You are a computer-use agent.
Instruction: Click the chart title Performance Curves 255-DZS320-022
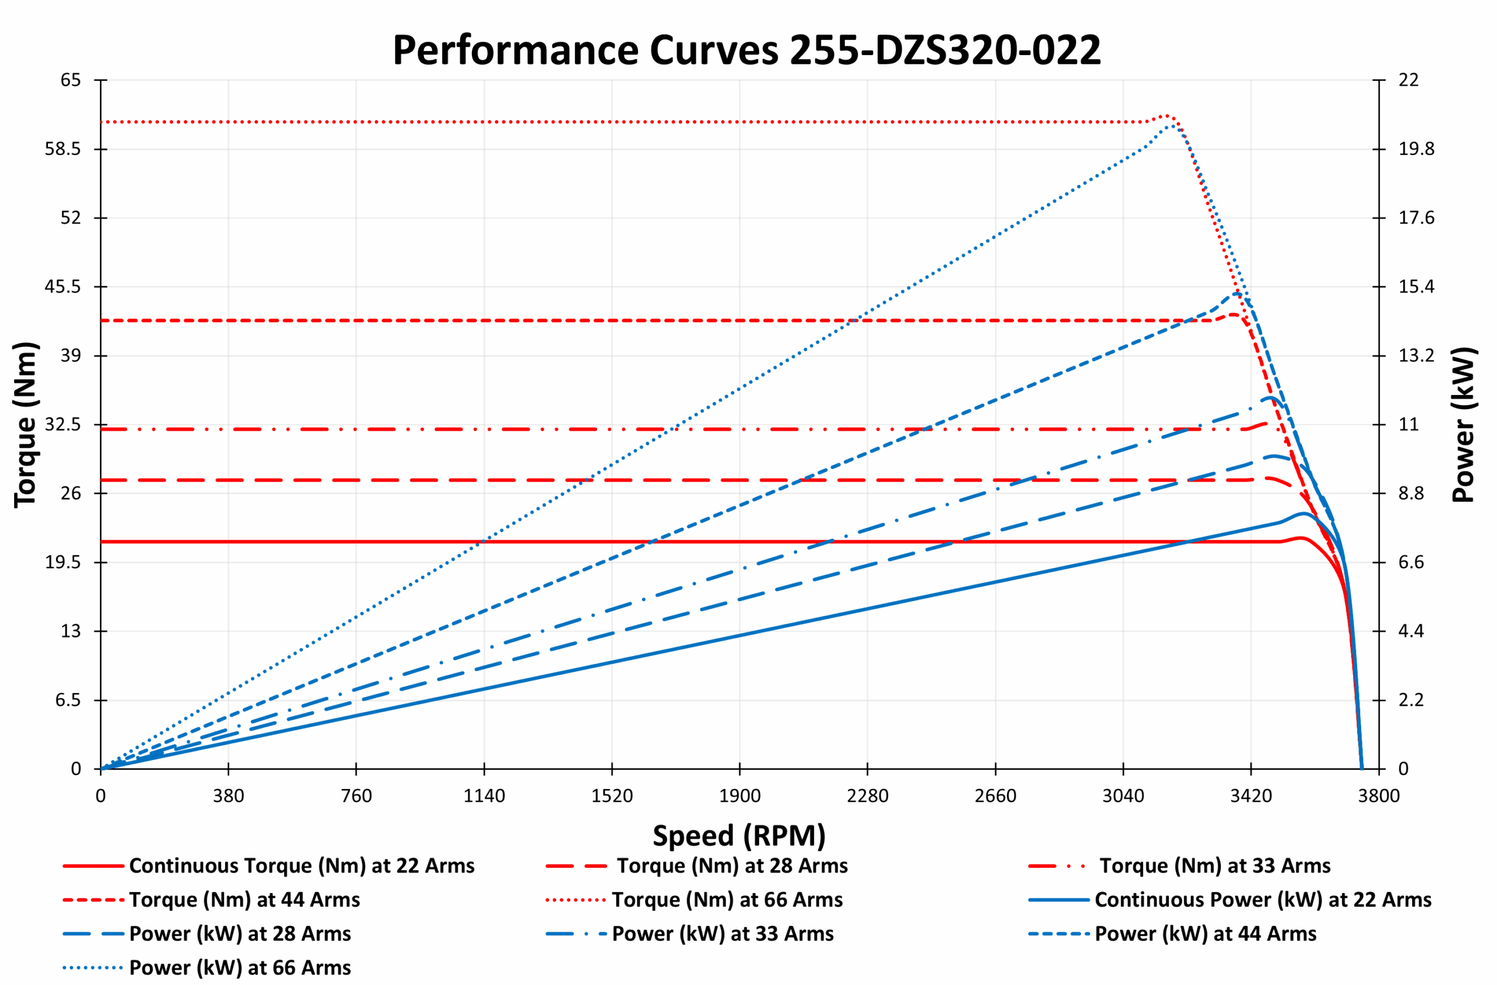click(747, 50)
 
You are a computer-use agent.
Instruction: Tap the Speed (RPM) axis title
click(739, 836)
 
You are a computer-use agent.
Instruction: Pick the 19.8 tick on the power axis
click(1416, 149)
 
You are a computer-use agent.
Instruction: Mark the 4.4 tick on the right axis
click(1411, 632)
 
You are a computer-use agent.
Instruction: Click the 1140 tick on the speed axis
click(484, 796)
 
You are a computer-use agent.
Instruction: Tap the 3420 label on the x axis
click(1250, 796)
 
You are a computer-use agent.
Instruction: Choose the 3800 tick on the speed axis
click(1379, 796)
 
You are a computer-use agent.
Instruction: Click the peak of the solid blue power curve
click(1303, 514)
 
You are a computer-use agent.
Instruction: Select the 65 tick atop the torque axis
click(70, 80)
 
